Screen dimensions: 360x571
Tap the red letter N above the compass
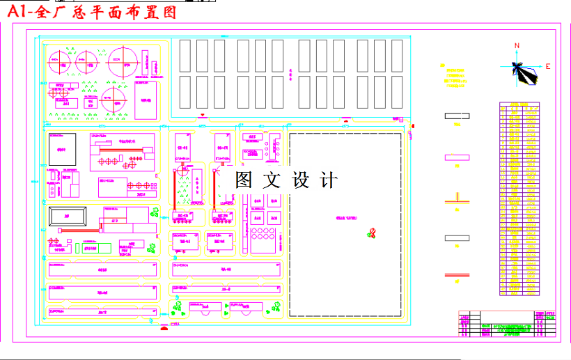click(x=517, y=46)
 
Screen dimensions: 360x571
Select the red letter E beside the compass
click(x=548, y=67)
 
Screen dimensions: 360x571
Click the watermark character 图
click(x=244, y=180)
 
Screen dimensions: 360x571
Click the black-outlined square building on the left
click(x=61, y=149)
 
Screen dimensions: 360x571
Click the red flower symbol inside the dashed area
click(x=373, y=233)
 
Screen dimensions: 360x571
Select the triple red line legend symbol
click(x=457, y=275)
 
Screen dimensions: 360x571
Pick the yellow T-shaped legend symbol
click(x=457, y=198)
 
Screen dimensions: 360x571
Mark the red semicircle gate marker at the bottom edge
click(x=164, y=327)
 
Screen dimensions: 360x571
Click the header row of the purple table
click(x=519, y=106)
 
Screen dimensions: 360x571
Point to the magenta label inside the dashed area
click(x=346, y=218)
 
